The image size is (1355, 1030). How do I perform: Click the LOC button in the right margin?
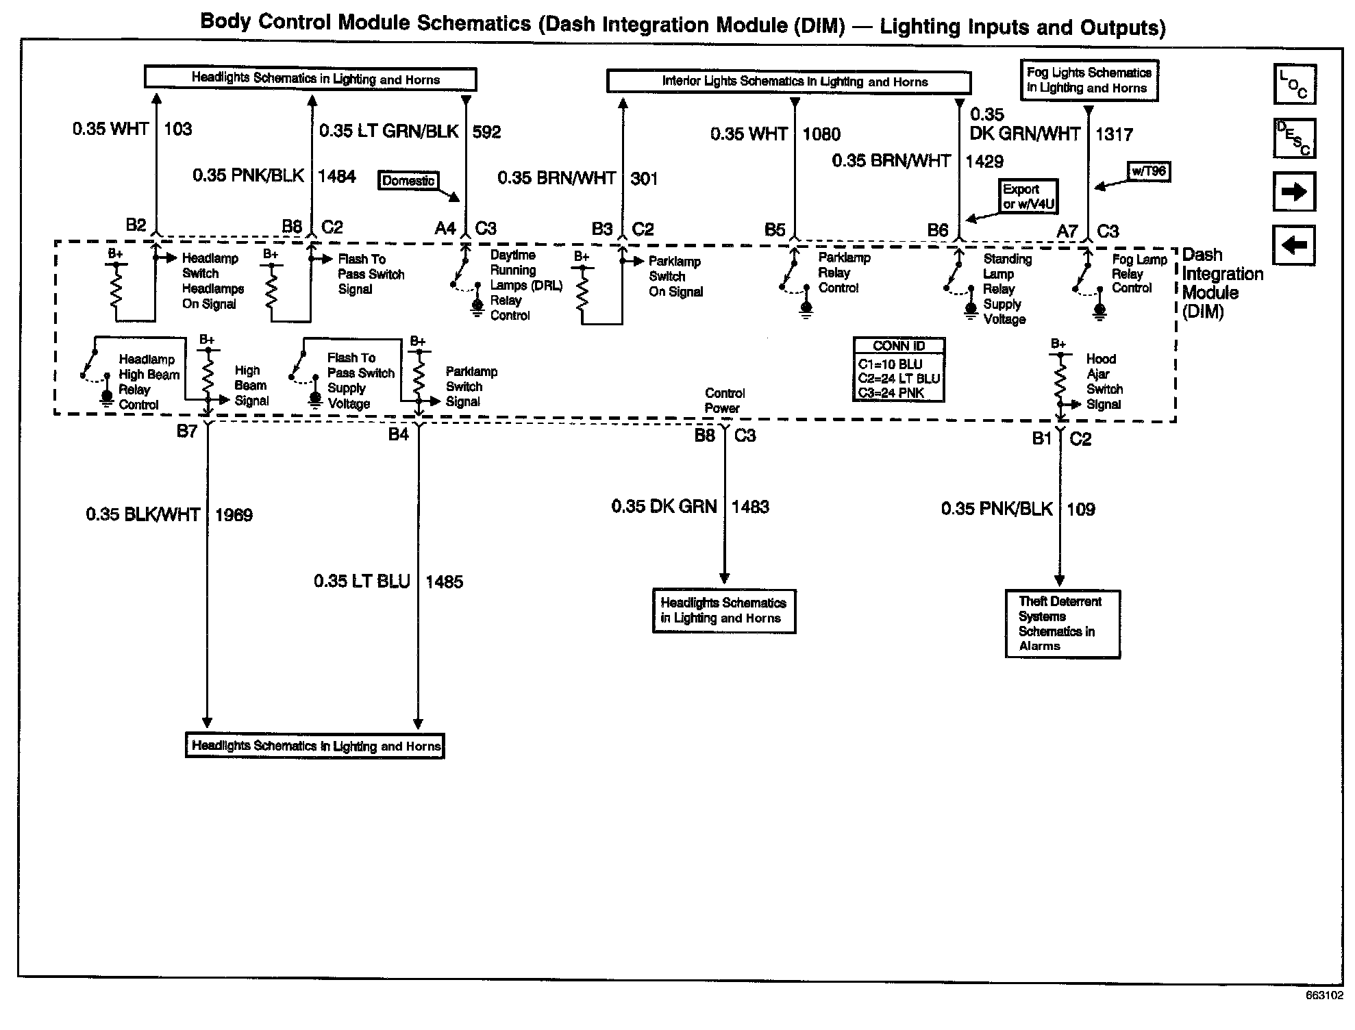[1294, 85]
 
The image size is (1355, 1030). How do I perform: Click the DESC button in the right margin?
[1294, 138]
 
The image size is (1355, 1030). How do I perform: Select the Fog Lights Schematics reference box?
[1089, 80]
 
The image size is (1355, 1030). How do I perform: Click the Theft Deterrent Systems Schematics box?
[1062, 624]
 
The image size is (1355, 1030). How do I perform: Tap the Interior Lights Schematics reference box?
[788, 81]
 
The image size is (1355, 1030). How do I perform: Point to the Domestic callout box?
[408, 181]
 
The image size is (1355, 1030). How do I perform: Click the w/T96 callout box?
[1149, 171]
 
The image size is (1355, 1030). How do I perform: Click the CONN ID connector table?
[899, 369]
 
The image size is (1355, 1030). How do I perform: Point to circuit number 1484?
[336, 176]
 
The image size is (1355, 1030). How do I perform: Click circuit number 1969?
[234, 515]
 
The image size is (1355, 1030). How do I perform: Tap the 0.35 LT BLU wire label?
[362, 581]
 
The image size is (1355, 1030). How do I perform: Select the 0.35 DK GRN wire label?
[664, 507]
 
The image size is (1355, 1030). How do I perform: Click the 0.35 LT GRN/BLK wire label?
[388, 131]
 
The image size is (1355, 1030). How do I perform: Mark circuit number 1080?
[821, 134]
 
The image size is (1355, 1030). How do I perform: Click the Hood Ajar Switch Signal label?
[1104, 381]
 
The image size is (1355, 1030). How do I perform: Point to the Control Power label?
[724, 401]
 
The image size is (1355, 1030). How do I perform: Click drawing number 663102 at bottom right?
[1324, 996]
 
